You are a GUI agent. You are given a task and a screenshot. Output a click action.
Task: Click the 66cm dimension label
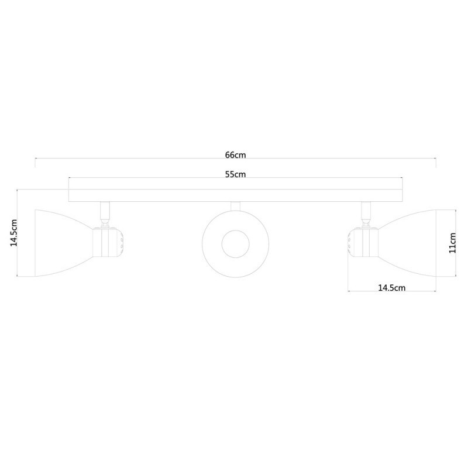[235, 155]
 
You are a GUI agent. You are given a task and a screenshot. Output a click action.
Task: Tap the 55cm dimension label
[235, 174]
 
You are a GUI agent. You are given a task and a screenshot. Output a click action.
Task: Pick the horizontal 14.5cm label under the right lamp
[392, 287]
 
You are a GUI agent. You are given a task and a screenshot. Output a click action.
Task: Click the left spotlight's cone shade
[61, 241]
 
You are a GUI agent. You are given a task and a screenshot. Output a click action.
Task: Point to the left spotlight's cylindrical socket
[105, 242]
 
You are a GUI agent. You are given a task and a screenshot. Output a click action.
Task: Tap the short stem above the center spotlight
[235, 206]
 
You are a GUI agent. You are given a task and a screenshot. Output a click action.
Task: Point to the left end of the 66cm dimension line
[36, 158]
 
